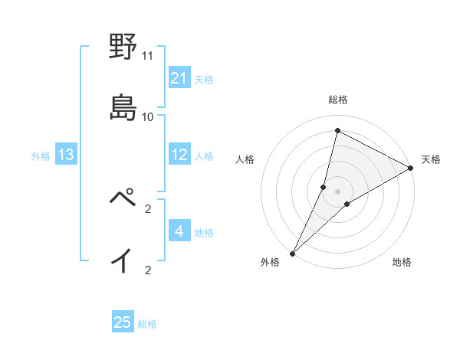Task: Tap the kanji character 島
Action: [123, 106]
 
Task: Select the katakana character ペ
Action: [123, 198]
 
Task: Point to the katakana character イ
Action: [123, 260]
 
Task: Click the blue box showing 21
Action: [179, 78]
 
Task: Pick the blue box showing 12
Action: [179, 155]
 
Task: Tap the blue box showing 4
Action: [179, 232]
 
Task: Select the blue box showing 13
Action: [66, 155]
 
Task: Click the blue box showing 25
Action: [123, 322]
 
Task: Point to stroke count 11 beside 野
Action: [148, 55]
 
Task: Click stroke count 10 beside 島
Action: [148, 116]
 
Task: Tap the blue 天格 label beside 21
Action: [204, 79]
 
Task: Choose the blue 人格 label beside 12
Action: [204, 156]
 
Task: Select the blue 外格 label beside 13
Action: [41, 156]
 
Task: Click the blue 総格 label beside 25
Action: [147, 323]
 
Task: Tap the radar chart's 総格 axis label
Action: [338, 100]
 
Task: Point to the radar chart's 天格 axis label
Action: [432, 159]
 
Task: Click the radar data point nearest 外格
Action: [292, 253]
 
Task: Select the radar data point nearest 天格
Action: [411, 168]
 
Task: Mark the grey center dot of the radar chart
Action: [338, 191]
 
